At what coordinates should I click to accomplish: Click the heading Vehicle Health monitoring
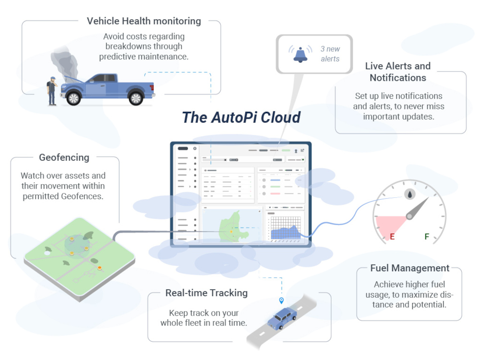tap(144, 21)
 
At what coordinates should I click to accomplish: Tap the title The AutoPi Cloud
tap(241, 117)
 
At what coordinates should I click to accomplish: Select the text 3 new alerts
tap(330, 54)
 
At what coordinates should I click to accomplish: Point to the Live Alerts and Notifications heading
tap(398, 72)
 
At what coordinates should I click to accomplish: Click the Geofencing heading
tap(64, 157)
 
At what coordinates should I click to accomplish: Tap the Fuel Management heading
tap(410, 268)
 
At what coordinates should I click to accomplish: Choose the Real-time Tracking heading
tap(206, 293)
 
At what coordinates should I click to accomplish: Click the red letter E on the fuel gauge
tap(392, 237)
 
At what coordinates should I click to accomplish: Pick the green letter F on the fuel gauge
tap(427, 237)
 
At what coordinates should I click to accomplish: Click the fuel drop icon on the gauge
tap(409, 194)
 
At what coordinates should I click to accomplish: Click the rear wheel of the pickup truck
tap(136, 98)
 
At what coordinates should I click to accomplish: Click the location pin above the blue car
tap(281, 300)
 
